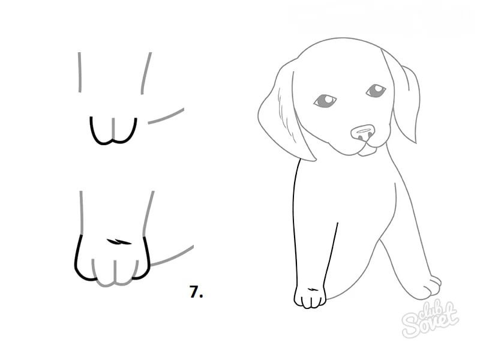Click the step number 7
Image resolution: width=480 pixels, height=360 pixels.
click(196, 292)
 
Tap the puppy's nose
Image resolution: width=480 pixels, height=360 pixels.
click(363, 133)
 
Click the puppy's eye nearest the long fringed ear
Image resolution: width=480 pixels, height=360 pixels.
click(325, 101)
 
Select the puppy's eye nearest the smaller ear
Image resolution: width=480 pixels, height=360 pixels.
click(376, 91)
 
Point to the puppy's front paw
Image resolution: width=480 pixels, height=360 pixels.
click(310, 296)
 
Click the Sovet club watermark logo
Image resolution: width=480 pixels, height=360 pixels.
click(430, 319)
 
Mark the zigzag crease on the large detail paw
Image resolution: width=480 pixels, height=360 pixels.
click(119, 242)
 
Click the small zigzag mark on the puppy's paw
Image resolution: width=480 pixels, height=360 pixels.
click(312, 289)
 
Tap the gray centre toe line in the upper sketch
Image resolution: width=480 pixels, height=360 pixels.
click(113, 128)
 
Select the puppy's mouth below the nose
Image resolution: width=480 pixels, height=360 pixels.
click(367, 149)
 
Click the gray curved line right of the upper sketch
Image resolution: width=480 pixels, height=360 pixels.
click(166, 116)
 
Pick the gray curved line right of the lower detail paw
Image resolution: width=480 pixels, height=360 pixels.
click(173, 256)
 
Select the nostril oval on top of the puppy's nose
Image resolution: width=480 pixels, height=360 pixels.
click(362, 131)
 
